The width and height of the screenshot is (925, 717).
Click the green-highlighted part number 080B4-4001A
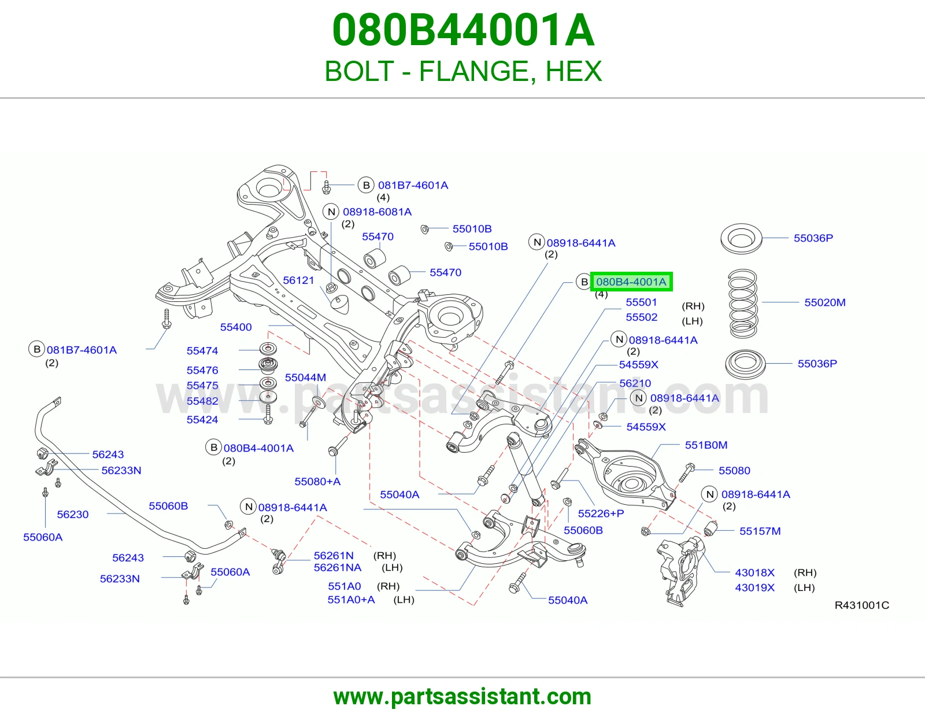[631, 282]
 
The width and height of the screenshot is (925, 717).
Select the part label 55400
[236, 327]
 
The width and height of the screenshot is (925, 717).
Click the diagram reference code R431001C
[862, 605]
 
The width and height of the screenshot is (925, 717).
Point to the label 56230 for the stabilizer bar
[73, 515]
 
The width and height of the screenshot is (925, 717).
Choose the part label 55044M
[305, 377]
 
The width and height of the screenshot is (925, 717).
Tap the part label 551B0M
[706, 445]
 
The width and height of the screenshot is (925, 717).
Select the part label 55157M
[760, 531]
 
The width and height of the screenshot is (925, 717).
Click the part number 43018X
[754, 572]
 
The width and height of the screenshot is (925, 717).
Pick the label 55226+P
[601, 513]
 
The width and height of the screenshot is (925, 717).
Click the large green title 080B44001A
[462, 30]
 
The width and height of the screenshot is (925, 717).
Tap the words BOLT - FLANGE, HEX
[463, 71]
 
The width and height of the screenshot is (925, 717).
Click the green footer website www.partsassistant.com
[462, 697]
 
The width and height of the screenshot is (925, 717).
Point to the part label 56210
[635, 383]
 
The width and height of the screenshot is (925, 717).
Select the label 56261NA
[338, 568]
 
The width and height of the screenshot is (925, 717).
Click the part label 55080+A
[317, 482]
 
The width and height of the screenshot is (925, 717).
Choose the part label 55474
[202, 351]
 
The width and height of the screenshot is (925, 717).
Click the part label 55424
[202, 420]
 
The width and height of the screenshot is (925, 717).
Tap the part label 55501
[642, 302]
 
